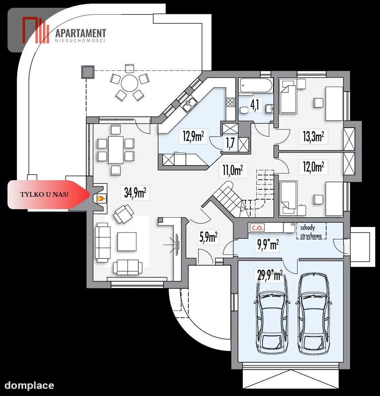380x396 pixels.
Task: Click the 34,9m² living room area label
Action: [135, 193]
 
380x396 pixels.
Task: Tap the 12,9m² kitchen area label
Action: [193, 136]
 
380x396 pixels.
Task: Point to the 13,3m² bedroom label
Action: [313, 137]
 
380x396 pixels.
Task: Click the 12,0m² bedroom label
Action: [313, 167]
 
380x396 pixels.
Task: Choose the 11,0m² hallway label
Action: [233, 170]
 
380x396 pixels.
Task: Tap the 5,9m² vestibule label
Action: [208, 237]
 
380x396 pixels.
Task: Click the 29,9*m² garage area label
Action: [269, 275]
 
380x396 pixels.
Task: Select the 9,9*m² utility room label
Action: [268, 245]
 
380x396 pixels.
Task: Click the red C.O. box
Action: [257, 227]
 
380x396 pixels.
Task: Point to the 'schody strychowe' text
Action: [311, 232]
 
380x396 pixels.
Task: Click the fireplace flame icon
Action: [101, 199]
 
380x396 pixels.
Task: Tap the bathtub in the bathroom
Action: [256, 85]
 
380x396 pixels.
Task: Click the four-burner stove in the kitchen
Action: [230, 102]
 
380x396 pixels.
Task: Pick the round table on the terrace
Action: [129, 83]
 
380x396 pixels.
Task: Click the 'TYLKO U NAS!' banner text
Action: [44, 194]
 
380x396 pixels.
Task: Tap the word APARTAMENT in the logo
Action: [81, 33]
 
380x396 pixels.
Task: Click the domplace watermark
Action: [29, 385]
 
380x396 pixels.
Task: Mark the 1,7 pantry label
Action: [230, 143]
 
